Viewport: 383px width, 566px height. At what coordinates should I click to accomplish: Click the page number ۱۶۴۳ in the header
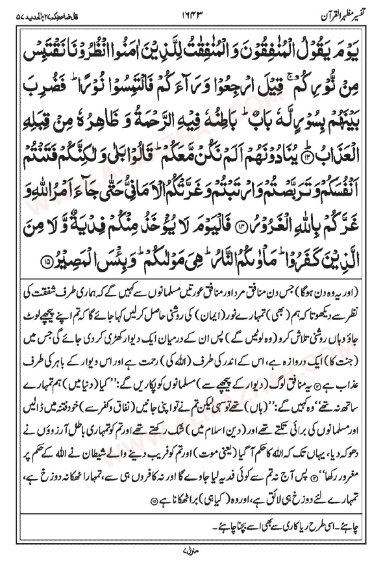[191, 17]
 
